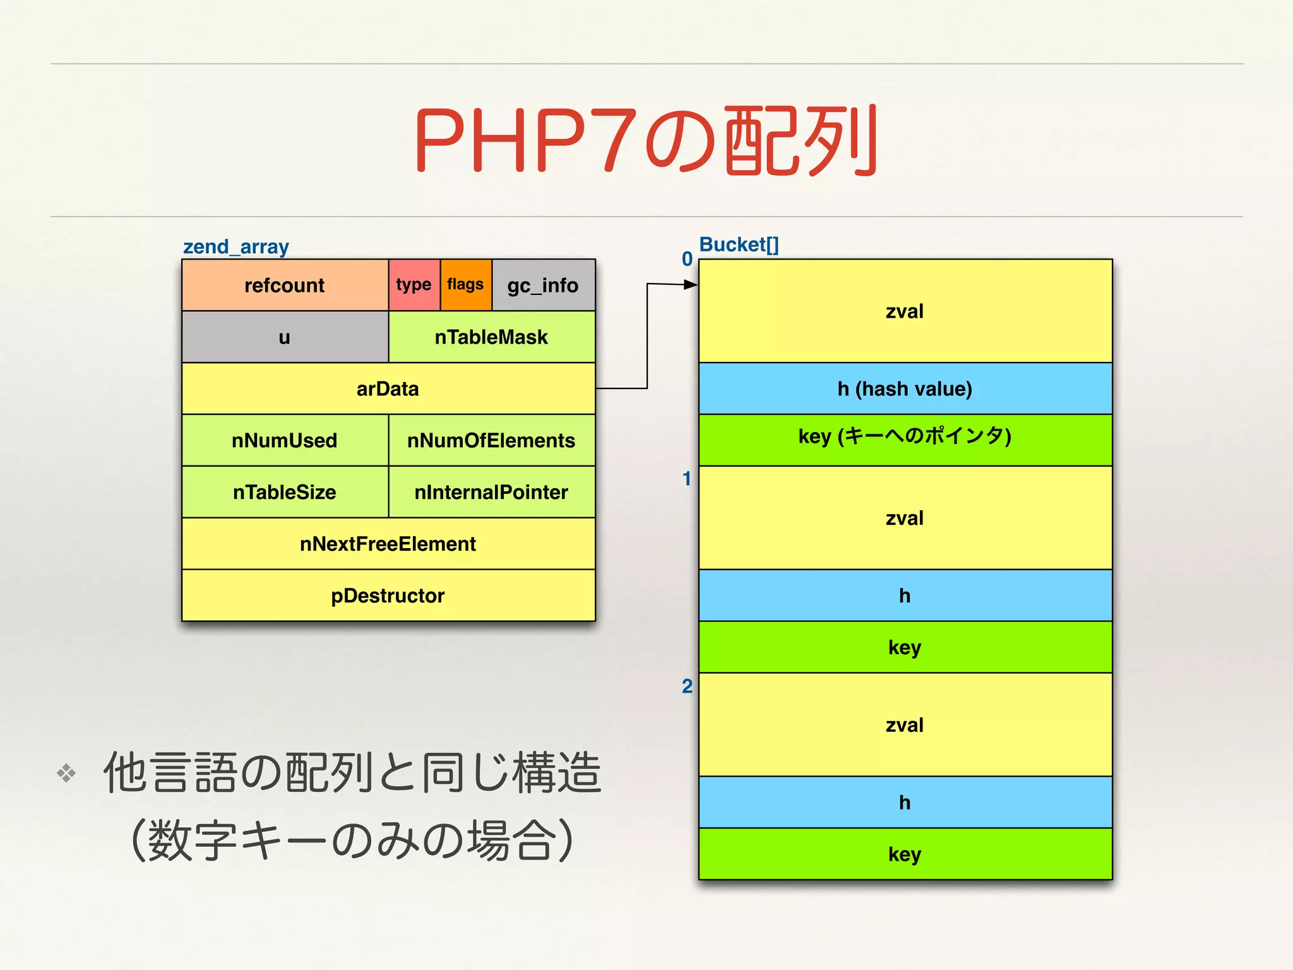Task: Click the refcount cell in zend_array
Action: [285, 285]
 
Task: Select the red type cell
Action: [414, 285]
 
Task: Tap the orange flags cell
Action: [466, 285]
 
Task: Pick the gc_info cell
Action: [543, 285]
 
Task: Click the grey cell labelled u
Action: [285, 337]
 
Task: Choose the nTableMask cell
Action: [491, 337]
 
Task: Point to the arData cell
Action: [388, 389]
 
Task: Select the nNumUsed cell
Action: [285, 441]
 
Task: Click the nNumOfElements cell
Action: [491, 441]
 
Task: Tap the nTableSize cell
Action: [285, 493]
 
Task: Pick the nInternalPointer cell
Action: [491, 493]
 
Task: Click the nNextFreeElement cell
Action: [388, 544]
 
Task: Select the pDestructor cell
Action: [388, 596]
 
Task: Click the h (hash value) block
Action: [905, 389]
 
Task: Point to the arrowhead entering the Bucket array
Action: [691, 285]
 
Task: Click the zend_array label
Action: [236, 247]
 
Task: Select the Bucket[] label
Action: [739, 245]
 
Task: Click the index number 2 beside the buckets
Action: [687, 686]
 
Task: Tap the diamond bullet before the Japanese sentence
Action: [66, 773]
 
